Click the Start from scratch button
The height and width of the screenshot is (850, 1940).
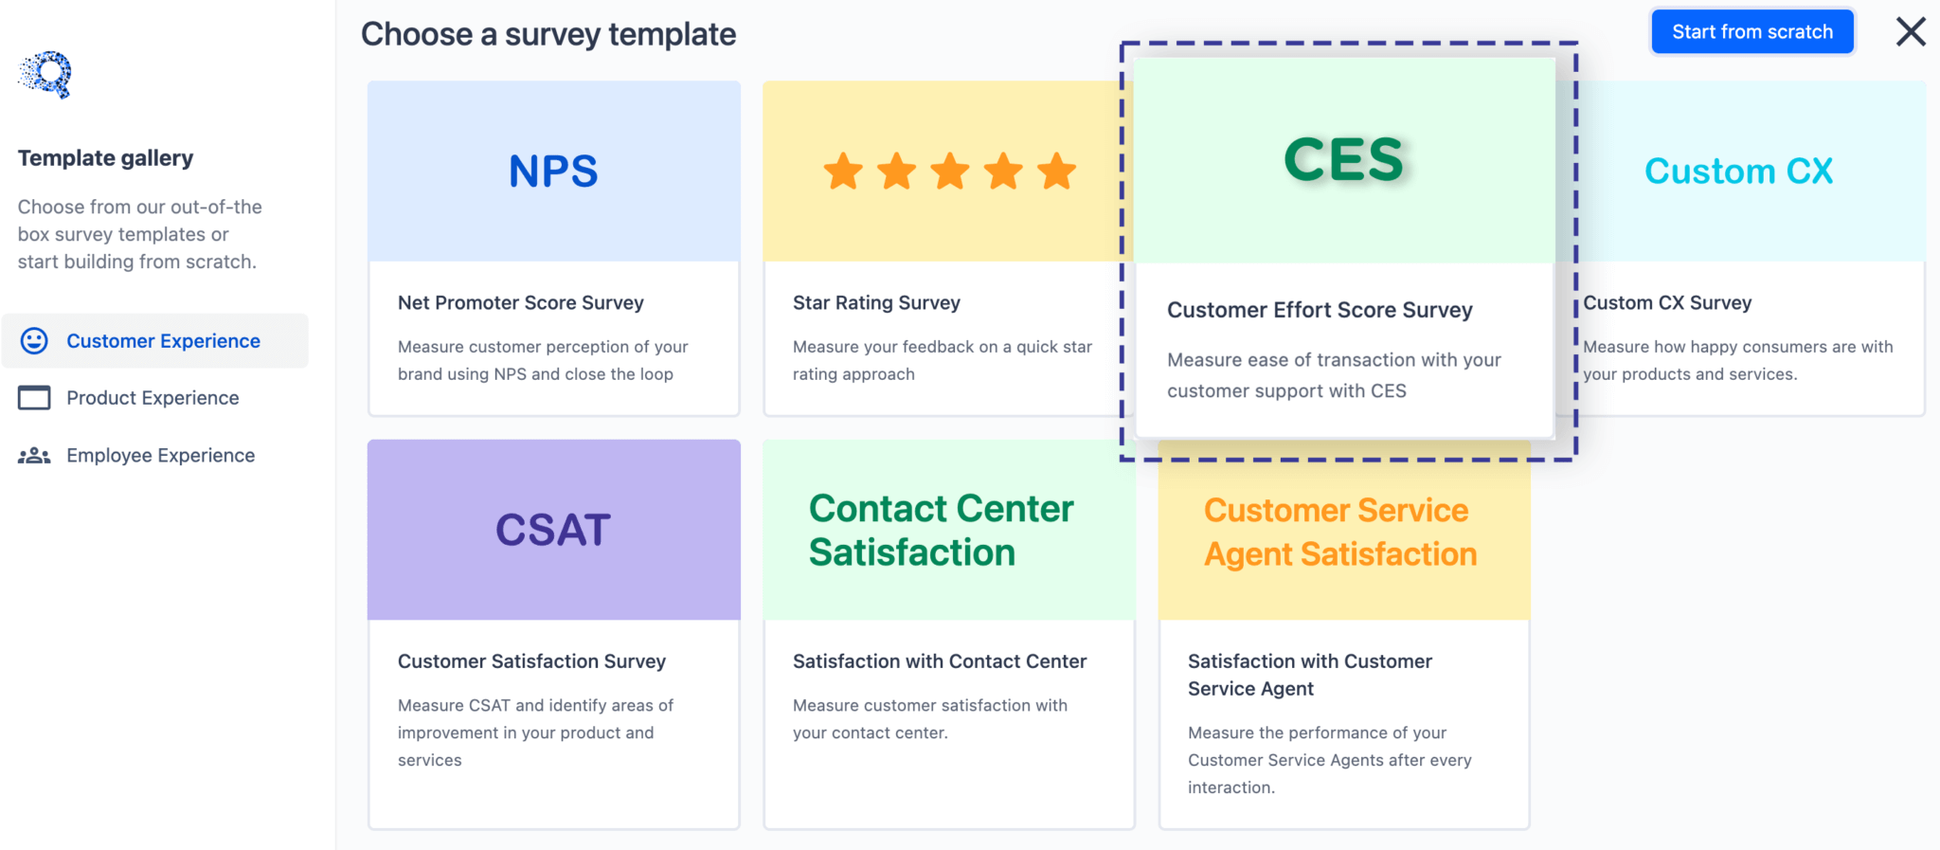click(x=1751, y=32)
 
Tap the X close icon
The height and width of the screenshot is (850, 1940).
click(x=1910, y=32)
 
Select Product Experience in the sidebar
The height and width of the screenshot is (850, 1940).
click(x=153, y=398)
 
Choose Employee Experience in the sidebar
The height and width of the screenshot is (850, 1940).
click(x=160, y=456)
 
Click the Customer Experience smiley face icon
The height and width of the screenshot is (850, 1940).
click(x=34, y=341)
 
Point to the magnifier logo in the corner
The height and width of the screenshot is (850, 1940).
click(x=46, y=74)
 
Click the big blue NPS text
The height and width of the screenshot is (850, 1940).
click(x=553, y=172)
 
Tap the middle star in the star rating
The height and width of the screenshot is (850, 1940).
click(x=949, y=172)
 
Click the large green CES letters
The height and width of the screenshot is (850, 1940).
click(x=1343, y=159)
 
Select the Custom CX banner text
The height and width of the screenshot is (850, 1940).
click(x=1738, y=172)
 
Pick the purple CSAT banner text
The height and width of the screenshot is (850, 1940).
click(x=553, y=530)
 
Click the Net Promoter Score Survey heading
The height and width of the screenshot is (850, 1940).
click(x=520, y=303)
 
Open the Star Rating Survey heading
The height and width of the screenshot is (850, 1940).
click(x=876, y=303)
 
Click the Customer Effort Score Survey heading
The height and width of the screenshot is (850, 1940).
click(x=1320, y=310)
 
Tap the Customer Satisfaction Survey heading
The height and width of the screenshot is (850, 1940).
click(x=531, y=661)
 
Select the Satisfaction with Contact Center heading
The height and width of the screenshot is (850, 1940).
click(x=939, y=661)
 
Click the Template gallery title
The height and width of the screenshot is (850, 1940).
click(x=105, y=158)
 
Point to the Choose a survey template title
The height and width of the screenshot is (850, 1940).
click(x=548, y=35)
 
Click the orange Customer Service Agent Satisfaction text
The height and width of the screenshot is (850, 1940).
click(x=1339, y=532)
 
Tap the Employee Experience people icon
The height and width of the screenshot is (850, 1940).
click(x=34, y=456)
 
